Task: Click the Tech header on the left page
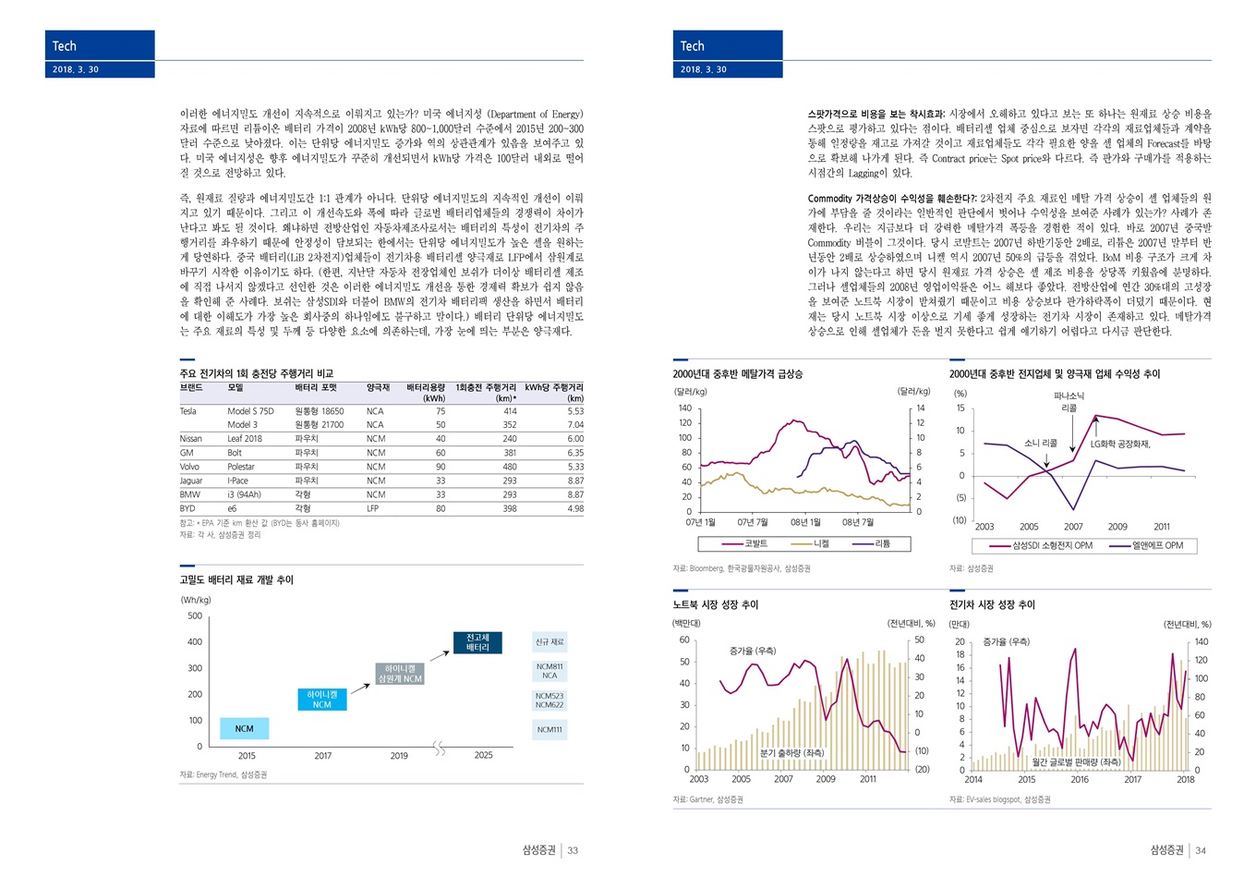65,46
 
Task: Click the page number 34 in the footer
1201,850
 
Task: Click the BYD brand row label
187,508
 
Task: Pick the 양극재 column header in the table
378,388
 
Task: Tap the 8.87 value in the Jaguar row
575,481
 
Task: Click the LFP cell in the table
373,508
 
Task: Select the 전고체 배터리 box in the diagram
477,643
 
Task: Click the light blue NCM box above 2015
244,729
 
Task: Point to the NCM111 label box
549,730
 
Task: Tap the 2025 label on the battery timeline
484,756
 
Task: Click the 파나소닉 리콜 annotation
1069,402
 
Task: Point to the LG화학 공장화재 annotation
1119,444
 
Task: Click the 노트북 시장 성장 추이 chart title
715,604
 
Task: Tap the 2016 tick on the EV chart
1080,780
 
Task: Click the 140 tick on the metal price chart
684,408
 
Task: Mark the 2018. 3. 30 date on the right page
704,69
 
